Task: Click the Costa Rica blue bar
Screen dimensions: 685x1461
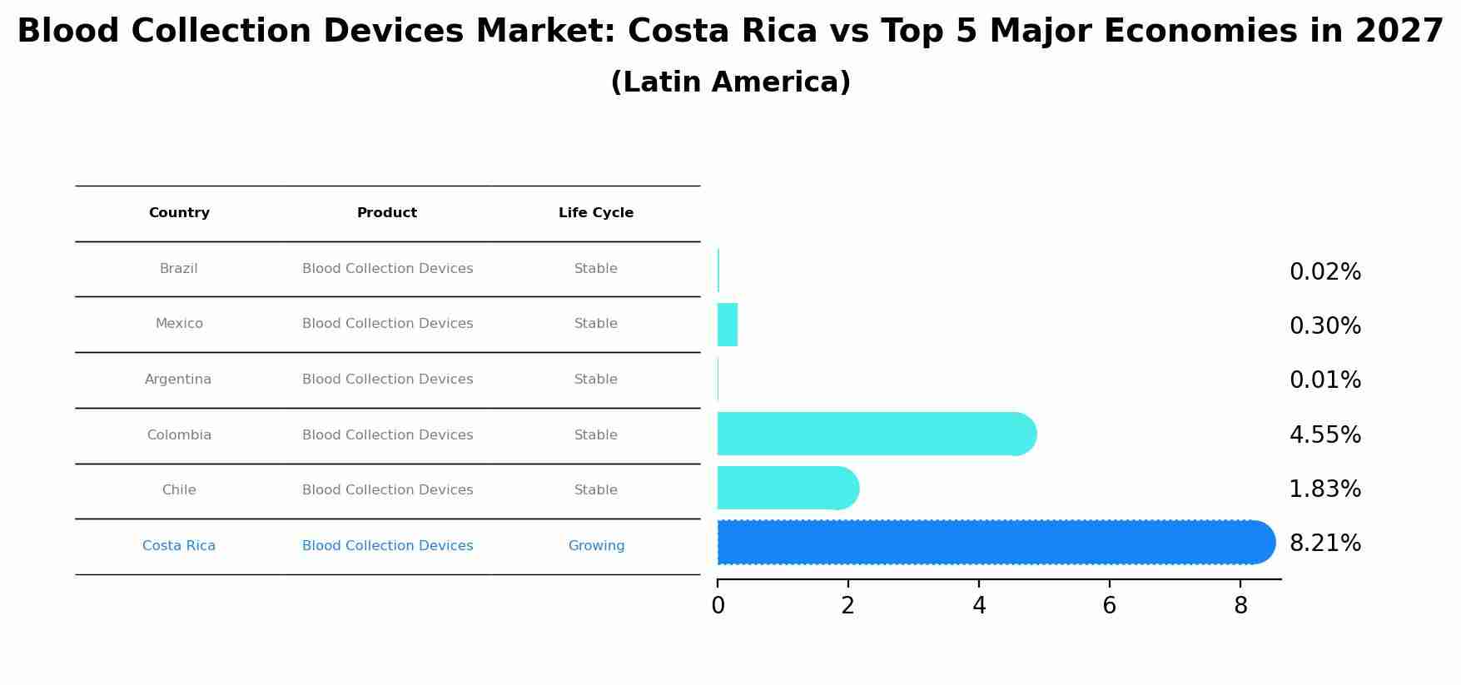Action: (x=991, y=543)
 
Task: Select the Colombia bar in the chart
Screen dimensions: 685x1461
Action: (x=874, y=434)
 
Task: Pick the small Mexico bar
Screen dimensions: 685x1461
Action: (x=728, y=325)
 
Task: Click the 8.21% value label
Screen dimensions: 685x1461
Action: (x=1324, y=544)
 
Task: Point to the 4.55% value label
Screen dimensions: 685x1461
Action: (x=1324, y=435)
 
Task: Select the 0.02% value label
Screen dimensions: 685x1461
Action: (x=1324, y=272)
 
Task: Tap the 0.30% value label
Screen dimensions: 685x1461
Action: (x=1324, y=326)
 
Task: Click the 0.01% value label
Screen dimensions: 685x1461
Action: (x=1324, y=380)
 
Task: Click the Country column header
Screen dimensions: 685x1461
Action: (x=179, y=213)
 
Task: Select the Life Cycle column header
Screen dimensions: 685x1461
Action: (x=596, y=213)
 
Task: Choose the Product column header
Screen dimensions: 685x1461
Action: (x=387, y=213)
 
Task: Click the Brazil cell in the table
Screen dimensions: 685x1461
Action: (x=179, y=269)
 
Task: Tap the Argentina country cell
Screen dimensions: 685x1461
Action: (x=178, y=380)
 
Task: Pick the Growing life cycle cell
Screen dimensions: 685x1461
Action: (x=596, y=546)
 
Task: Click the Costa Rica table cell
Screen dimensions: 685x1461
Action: (x=179, y=546)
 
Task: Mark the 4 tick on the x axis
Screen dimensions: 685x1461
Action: (x=979, y=606)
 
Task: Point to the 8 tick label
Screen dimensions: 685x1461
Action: (x=1240, y=606)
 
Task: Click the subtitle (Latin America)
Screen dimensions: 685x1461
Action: (x=730, y=82)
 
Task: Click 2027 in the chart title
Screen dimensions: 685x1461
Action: (x=1399, y=32)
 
